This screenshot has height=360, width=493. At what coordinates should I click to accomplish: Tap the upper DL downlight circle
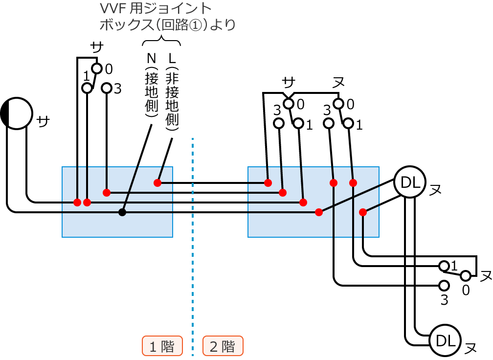click(409, 182)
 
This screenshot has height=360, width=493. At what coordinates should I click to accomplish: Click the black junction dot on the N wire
click(122, 212)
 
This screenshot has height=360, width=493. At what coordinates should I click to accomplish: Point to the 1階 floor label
click(162, 346)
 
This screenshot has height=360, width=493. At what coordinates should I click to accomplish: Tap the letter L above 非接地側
click(171, 59)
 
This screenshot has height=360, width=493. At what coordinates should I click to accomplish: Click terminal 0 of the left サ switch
click(97, 68)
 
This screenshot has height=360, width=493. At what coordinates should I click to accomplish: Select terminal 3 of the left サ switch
click(107, 88)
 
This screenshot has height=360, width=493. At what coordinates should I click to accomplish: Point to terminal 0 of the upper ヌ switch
click(338, 104)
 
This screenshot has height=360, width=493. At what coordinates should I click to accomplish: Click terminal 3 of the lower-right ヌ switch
click(444, 285)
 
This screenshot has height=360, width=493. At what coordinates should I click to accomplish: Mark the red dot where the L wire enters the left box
click(157, 183)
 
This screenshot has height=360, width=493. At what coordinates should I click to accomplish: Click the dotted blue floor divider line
click(193, 245)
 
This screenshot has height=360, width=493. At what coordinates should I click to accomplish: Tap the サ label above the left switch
click(97, 47)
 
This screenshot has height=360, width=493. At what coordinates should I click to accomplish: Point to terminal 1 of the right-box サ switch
click(298, 124)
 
